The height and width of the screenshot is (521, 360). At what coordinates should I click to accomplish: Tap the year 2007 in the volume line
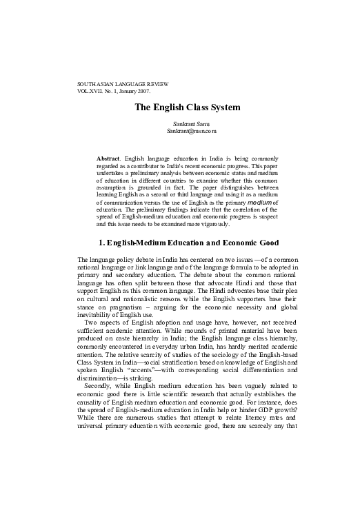tap(160, 91)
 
